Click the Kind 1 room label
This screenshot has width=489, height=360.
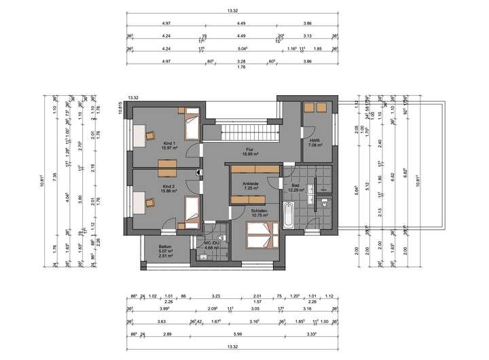click(x=168, y=143)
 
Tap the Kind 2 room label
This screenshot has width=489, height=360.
click(x=168, y=185)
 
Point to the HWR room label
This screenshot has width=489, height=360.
click(x=314, y=141)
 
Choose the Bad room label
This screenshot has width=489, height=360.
click(x=295, y=185)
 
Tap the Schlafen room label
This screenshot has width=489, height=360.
click(x=259, y=211)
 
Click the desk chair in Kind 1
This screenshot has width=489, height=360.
click(x=149, y=134)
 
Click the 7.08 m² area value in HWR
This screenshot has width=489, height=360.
click(x=314, y=145)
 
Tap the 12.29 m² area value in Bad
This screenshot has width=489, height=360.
click(x=295, y=190)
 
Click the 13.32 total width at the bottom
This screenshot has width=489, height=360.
click(x=233, y=346)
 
